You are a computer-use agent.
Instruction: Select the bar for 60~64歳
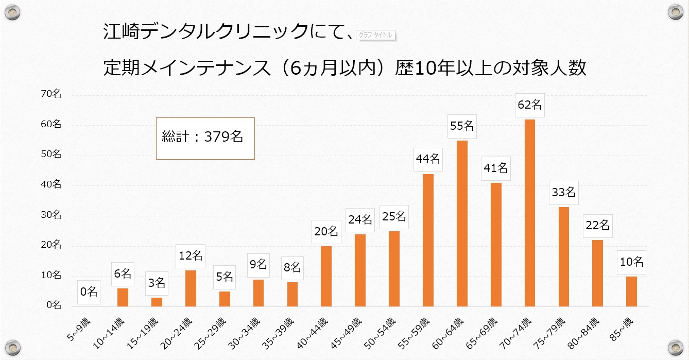pyautogui.click(x=462, y=224)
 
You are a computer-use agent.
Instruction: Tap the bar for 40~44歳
pyautogui.click(x=326, y=276)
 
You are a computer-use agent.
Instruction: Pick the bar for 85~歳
pyautogui.click(x=631, y=292)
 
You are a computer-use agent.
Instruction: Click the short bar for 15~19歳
pyautogui.click(x=157, y=302)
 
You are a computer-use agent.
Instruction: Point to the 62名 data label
pyautogui.click(x=529, y=105)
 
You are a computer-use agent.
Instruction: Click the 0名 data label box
pyautogui.click(x=89, y=292)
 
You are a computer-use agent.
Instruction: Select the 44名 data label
pyautogui.click(x=428, y=159)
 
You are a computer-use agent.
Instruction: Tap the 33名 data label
pyautogui.click(x=563, y=193)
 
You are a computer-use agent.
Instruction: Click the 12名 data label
pyautogui.click(x=191, y=255)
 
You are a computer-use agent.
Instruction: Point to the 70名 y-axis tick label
pyautogui.click(x=51, y=94)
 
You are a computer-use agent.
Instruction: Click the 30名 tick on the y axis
pyautogui.click(x=51, y=215)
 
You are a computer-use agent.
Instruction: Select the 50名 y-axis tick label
pyautogui.click(x=51, y=154)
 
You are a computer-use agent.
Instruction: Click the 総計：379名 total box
pyautogui.click(x=205, y=138)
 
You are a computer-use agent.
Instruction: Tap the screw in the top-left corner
pyautogui.click(x=12, y=11)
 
